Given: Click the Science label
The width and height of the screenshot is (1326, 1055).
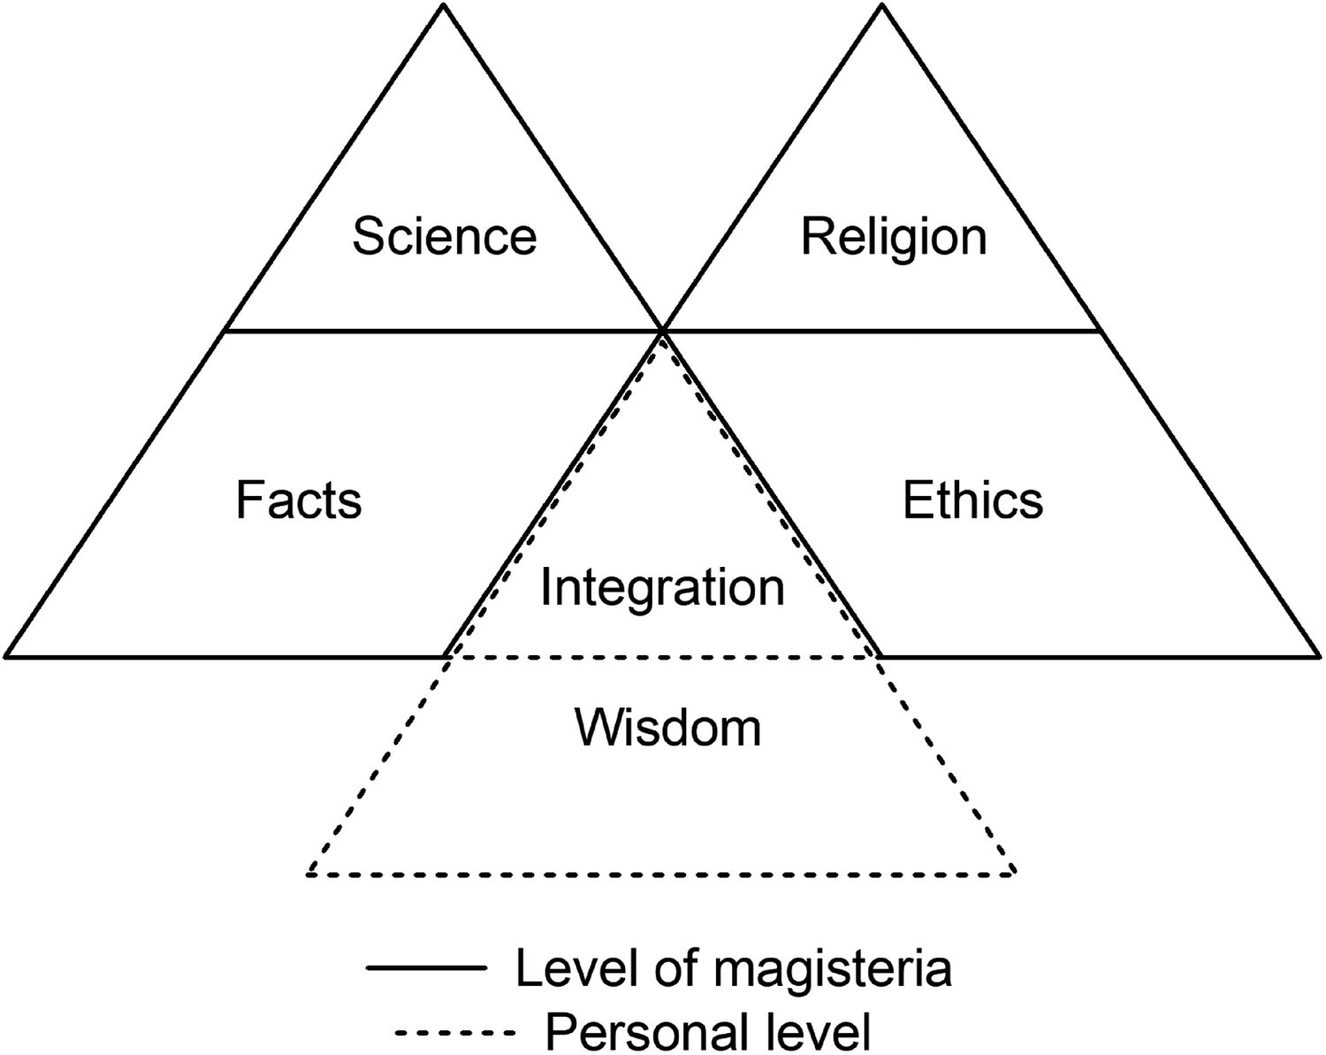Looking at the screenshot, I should click(444, 237).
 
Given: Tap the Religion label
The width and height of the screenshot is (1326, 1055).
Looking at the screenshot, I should click(893, 237).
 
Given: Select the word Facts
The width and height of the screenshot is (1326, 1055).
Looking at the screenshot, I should click(299, 500).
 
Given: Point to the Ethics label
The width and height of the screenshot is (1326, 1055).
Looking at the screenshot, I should click(972, 500).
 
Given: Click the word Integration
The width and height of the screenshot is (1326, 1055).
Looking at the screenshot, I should click(662, 587).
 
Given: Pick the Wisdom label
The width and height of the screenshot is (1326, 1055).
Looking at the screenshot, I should click(667, 728).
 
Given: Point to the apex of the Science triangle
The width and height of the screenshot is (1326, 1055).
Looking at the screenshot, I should click(443, 7).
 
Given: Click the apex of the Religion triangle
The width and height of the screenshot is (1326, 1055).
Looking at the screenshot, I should click(882, 7).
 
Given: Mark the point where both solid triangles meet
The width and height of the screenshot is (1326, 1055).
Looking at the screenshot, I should click(662, 331).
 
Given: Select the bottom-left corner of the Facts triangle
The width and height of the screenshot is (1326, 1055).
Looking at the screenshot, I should click(7, 656).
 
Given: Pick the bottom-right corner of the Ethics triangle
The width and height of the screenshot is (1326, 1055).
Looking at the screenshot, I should click(1319, 656).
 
